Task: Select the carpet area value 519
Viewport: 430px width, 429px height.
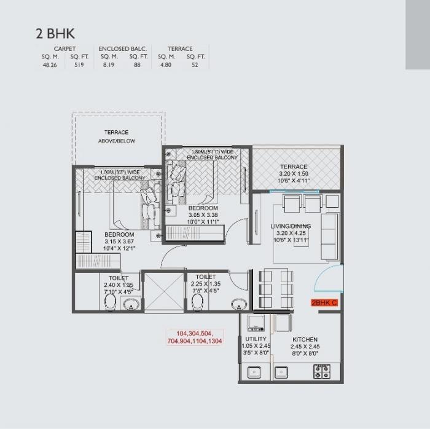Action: click(79, 63)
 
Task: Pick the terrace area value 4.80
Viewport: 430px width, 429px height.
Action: click(167, 63)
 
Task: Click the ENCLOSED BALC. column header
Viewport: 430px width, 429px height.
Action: click(123, 49)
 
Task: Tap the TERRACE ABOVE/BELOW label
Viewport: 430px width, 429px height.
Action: click(116, 136)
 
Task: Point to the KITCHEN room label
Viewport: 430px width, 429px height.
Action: click(305, 339)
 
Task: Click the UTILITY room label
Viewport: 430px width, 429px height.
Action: click(255, 339)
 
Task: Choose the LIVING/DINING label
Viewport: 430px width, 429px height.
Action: click(291, 226)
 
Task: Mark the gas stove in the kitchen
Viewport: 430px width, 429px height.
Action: click(322, 371)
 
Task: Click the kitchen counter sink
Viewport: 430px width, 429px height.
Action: click(282, 371)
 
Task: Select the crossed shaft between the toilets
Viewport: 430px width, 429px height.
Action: click(163, 293)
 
